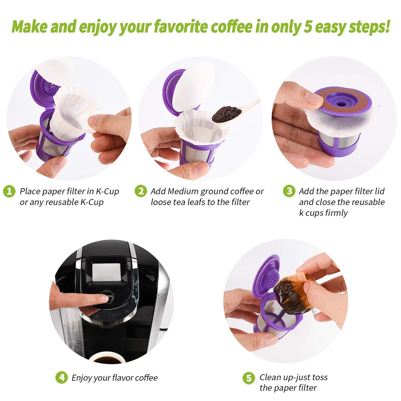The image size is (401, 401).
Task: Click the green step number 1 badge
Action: pos(9,191)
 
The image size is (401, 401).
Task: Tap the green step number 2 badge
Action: pos(140,191)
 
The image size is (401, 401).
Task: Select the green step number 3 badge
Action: pos(289,191)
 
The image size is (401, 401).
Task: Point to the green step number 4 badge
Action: pos(62,378)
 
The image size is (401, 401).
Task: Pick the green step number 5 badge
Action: pos(249,378)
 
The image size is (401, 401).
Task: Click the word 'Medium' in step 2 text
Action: pos(183,191)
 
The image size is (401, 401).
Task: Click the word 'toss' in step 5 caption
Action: pos(319,377)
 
